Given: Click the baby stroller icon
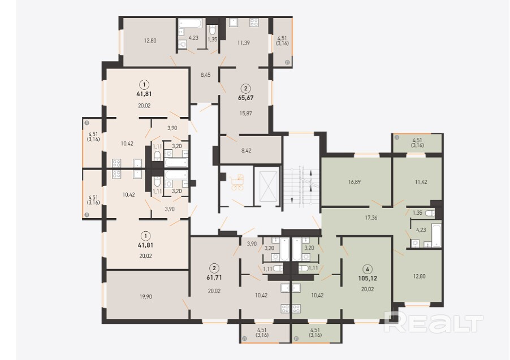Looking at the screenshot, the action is click(x=237, y=182).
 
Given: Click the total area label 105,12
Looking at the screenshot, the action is click(x=368, y=279).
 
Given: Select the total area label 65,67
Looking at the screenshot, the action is click(x=245, y=97).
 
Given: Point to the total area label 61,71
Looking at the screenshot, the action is click(x=214, y=277).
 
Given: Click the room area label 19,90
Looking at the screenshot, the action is click(x=146, y=297).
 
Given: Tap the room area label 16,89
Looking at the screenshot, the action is click(x=354, y=182).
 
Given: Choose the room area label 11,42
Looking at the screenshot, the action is click(x=421, y=182).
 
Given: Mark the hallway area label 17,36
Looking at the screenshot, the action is click(x=371, y=218).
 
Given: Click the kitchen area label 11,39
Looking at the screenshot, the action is click(x=243, y=42).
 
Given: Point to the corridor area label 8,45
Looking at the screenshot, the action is click(x=206, y=75).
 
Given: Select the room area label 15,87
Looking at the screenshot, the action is click(x=245, y=114).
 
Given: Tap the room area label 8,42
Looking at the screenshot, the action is click(x=246, y=150).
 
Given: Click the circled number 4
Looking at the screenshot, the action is click(x=368, y=269).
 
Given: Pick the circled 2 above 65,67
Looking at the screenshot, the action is click(x=245, y=88).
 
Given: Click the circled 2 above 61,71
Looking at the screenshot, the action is click(x=214, y=268).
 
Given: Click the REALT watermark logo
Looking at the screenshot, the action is click(x=433, y=322).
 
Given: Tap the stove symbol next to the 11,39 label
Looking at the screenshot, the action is click(x=254, y=23).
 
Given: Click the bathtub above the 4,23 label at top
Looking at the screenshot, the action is click(x=191, y=23).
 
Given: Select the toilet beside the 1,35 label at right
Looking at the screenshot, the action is click(x=430, y=213).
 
